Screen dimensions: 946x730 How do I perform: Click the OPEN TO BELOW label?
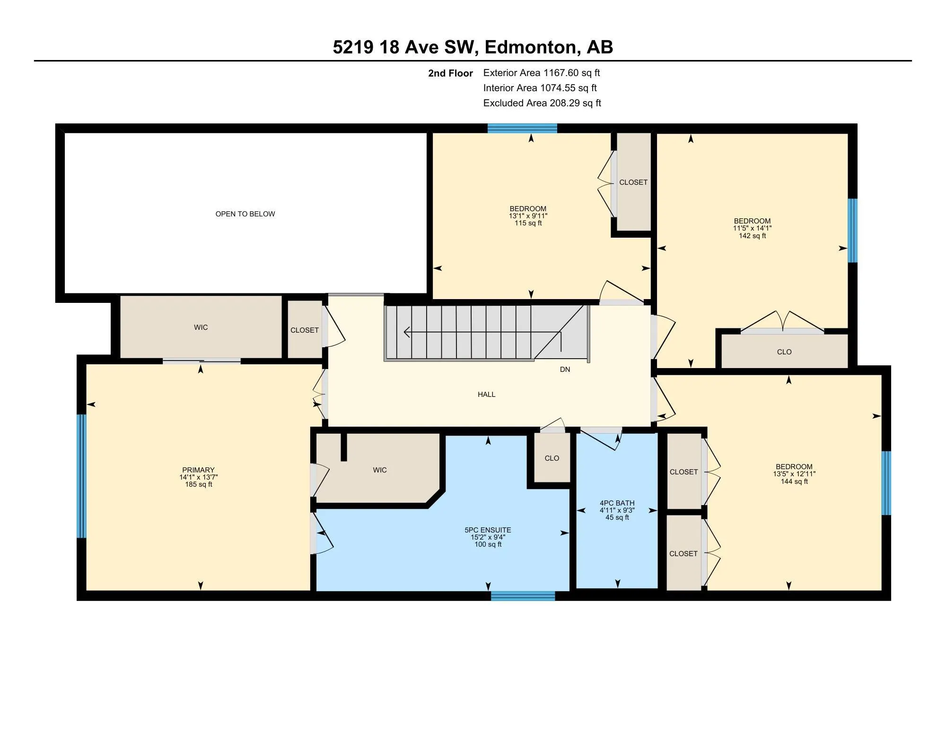[x=245, y=214]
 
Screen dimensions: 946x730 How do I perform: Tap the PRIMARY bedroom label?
[x=199, y=470]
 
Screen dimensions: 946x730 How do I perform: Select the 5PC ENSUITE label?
[x=488, y=530]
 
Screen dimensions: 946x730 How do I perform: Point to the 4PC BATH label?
[x=617, y=503]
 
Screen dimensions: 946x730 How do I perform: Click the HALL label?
[x=487, y=395]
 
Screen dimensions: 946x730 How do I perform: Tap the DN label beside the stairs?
[x=565, y=369]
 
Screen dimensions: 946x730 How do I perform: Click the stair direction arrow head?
[x=406, y=332]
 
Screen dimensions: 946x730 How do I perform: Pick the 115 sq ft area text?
[x=528, y=223]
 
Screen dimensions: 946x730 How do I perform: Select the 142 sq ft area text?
[x=753, y=236]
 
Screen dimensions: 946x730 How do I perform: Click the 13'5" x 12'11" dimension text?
[x=794, y=474]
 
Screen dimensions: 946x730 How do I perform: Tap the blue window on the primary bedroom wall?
[x=82, y=476]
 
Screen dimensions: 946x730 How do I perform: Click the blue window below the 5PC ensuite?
[x=523, y=596]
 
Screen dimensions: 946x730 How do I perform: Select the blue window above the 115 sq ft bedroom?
[x=523, y=129]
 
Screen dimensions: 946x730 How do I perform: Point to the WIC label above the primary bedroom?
[x=201, y=327]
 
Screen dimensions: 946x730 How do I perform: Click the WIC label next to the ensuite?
[x=380, y=470]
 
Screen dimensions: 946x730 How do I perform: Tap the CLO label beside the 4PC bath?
[x=552, y=458]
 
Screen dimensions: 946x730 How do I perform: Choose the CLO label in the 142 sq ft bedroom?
[x=784, y=352]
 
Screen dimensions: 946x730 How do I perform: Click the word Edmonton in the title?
[x=530, y=47]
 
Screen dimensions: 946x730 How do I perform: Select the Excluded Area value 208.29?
[x=565, y=103]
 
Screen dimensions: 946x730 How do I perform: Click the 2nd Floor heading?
[x=450, y=73]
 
